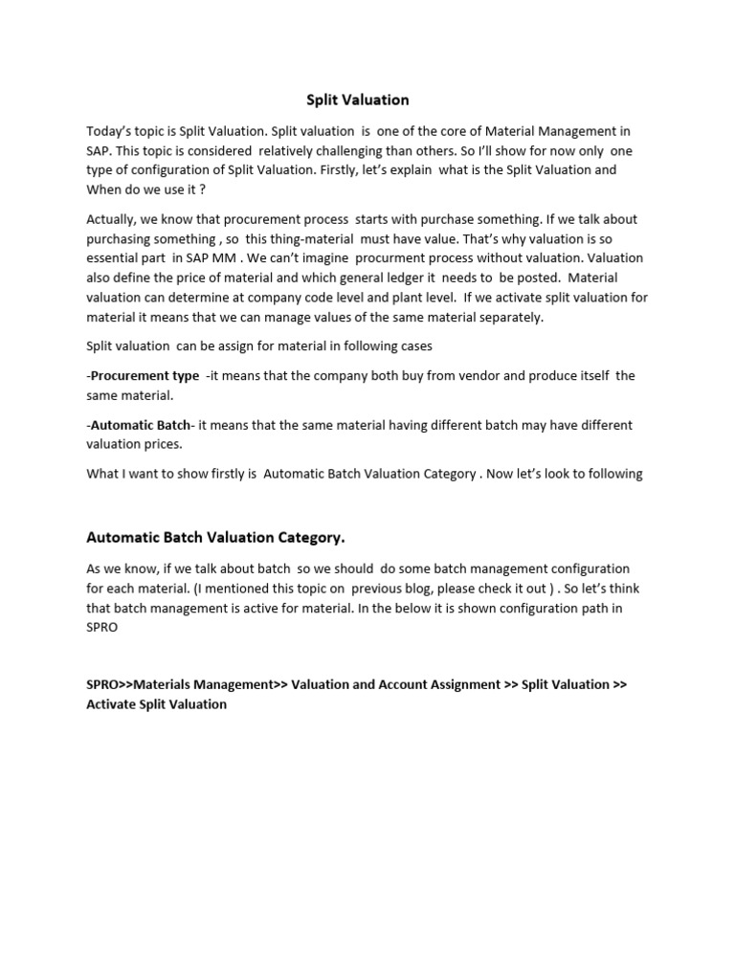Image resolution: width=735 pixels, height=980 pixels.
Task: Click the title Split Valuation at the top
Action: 357,100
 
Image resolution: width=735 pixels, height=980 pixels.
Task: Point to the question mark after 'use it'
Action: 203,189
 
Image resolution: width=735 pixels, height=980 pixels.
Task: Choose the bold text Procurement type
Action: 145,375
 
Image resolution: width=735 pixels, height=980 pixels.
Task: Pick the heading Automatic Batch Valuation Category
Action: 215,537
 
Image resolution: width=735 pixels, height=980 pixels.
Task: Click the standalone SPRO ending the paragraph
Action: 102,627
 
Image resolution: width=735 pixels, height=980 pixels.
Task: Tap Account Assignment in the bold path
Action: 434,684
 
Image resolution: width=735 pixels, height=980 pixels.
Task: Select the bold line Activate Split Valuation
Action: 157,704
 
